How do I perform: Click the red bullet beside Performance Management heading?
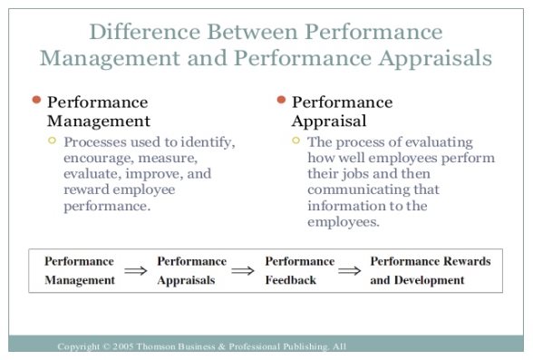35,101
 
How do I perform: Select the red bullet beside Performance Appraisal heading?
281,101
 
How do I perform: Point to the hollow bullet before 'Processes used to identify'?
52,141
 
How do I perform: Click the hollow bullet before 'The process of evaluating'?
296,141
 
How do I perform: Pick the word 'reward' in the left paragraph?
86,190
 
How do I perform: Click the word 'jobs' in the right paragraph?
361,174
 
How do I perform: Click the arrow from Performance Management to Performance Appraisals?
135,270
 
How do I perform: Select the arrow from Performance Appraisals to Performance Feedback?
242,270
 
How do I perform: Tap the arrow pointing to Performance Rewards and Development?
348,270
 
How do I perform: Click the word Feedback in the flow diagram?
291,280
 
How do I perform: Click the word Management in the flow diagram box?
80,280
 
